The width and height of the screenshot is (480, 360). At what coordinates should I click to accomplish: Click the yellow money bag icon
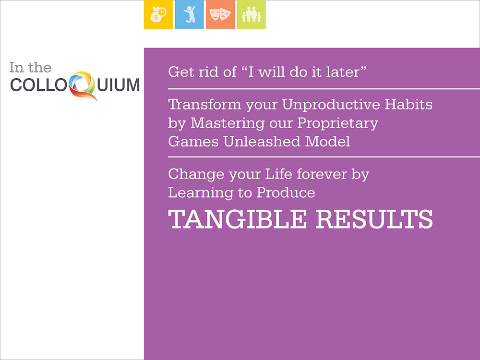(158, 14)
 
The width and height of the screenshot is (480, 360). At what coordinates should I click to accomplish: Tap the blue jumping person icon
(189, 14)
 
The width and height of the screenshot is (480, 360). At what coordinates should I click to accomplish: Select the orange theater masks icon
(220, 14)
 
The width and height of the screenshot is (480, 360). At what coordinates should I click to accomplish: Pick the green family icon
(252, 14)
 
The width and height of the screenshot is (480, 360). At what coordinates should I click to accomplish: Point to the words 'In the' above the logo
(30, 67)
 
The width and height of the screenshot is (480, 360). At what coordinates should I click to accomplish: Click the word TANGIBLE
(237, 219)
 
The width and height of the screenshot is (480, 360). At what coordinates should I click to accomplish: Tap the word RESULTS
(374, 219)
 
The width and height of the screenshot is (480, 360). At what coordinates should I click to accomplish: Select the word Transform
(204, 104)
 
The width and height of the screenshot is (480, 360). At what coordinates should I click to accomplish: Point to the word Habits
(408, 104)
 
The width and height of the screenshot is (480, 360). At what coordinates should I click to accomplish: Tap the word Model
(327, 142)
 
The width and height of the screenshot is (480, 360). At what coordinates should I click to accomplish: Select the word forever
(322, 174)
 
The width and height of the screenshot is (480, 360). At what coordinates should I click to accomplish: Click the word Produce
(286, 192)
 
